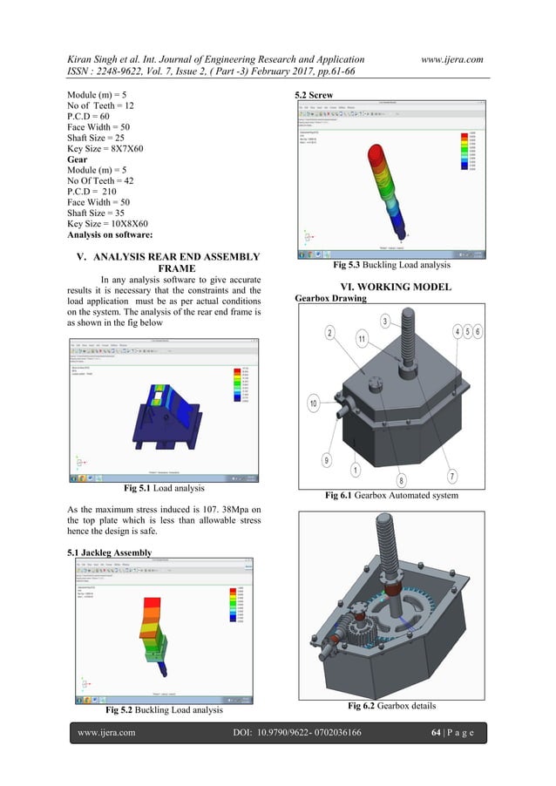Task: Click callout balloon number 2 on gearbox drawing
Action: coord(330,333)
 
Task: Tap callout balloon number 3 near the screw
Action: coord(384,322)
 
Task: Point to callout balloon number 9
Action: coord(327,459)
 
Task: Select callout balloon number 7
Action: coord(451,475)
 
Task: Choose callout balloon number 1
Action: coord(355,470)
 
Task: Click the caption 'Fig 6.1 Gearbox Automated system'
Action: coord(390,495)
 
